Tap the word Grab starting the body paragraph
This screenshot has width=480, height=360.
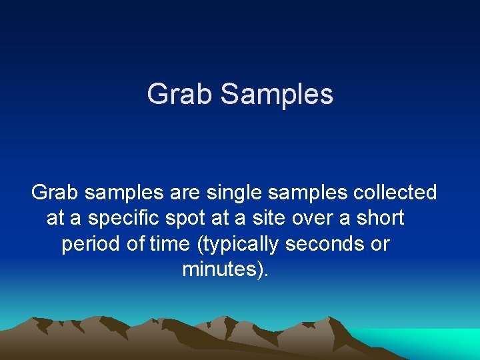tap(55, 193)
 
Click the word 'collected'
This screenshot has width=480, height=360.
tap(395, 193)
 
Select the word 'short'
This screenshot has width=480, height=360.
tap(380, 219)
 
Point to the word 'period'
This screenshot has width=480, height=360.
tap(92, 244)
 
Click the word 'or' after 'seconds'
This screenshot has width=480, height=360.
tap(380, 244)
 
